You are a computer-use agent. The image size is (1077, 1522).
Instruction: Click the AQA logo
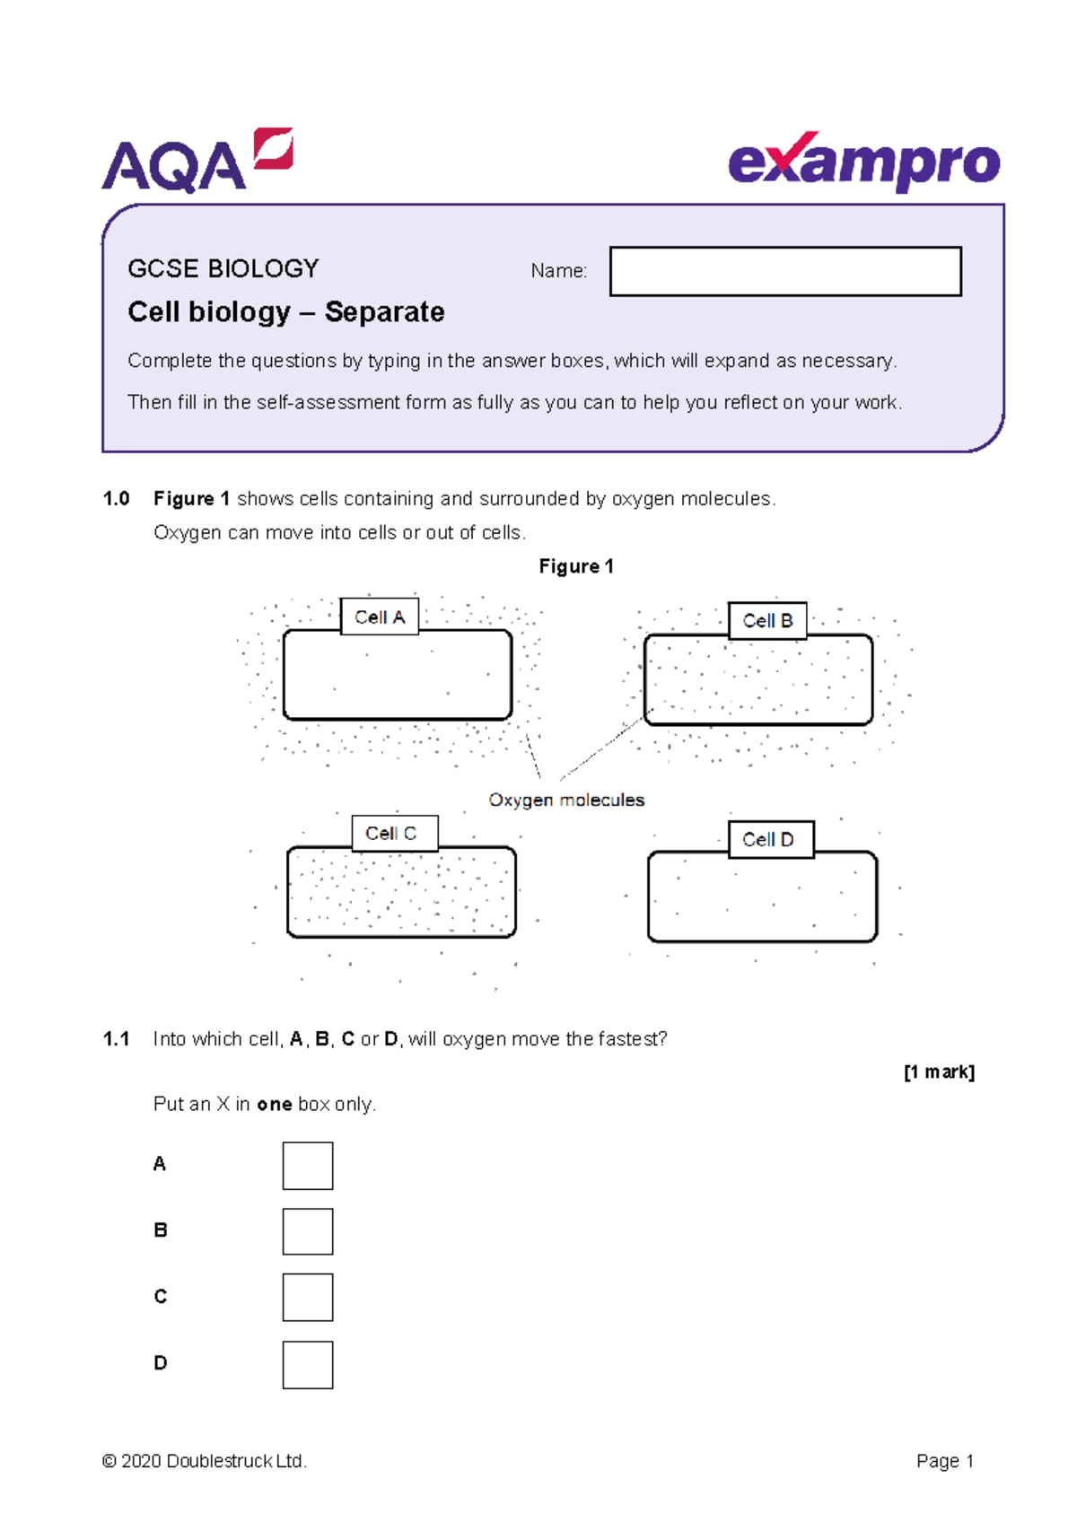tap(197, 162)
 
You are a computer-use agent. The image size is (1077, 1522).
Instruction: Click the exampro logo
tap(863, 162)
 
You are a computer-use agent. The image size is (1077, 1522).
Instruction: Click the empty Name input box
tap(785, 271)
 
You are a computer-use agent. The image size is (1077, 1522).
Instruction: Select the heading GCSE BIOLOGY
tap(223, 268)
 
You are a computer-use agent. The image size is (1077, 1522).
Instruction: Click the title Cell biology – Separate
tap(286, 312)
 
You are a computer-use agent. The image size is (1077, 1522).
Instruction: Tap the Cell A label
tap(380, 617)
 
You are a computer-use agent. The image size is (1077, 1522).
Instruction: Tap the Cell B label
tap(767, 621)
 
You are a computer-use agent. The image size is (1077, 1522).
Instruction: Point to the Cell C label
tap(394, 834)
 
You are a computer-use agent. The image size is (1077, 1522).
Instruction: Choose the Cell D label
tap(770, 840)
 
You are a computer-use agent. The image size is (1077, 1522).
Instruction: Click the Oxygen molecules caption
tap(566, 800)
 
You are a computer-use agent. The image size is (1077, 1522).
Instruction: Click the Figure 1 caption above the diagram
tap(576, 566)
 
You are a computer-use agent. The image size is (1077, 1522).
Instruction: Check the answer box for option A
tap(308, 1166)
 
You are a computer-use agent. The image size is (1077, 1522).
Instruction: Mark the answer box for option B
tap(308, 1231)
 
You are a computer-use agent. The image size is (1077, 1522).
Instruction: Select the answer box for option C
tap(308, 1298)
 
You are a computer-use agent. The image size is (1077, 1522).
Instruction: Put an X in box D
tap(308, 1365)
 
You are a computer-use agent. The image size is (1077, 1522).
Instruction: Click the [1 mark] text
tap(939, 1072)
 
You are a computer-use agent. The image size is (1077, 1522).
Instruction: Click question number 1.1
tap(117, 1039)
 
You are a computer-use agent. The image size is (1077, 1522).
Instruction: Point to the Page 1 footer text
tap(945, 1461)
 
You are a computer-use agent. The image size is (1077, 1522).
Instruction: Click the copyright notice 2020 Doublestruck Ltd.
tap(206, 1461)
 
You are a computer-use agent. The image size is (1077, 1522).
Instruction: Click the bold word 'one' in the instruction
tap(274, 1105)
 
